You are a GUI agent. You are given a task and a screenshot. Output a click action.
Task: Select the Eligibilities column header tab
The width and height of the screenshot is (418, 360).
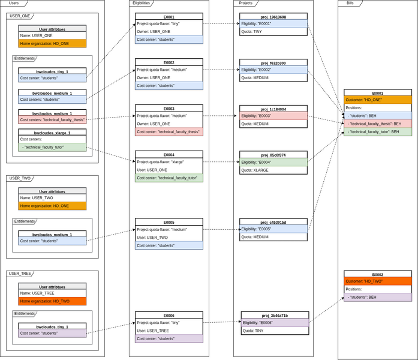pyautogui.click(x=142, y=3)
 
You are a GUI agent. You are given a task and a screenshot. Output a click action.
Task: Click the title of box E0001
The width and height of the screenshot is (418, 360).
pyautogui.click(x=169, y=17)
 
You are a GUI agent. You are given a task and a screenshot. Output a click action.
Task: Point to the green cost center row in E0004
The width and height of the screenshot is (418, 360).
pyautogui.click(x=169, y=178)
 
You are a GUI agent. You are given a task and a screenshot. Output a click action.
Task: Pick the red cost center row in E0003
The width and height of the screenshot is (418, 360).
pyautogui.click(x=169, y=132)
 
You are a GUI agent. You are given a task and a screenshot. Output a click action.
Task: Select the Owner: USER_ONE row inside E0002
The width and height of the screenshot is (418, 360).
pyautogui.click(x=169, y=78)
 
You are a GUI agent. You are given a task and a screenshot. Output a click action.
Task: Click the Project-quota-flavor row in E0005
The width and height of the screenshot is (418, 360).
pyautogui.click(x=169, y=230)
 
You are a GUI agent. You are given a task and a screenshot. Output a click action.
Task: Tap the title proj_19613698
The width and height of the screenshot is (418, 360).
pyautogui.click(x=273, y=17)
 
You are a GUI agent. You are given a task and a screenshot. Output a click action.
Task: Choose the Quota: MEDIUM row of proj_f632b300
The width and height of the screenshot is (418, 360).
pyautogui.click(x=273, y=78)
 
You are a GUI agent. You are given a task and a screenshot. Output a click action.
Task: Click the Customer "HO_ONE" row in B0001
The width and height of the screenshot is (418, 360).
pyautogui.click(x=377, y=100)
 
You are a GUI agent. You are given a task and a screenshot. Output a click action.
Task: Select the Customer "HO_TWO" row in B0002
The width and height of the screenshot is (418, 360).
pyautogui.click(x=377, y=281)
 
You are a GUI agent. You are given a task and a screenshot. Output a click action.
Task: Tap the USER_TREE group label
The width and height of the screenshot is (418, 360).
pyautogui.click(x=19, y=274)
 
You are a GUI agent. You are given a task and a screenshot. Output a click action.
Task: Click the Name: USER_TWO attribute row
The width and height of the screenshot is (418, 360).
pyautogui.click(x=52, y=198)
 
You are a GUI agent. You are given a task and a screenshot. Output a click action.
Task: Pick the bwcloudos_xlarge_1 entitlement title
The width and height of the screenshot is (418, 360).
pyautogui.click(x=52, y=132)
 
